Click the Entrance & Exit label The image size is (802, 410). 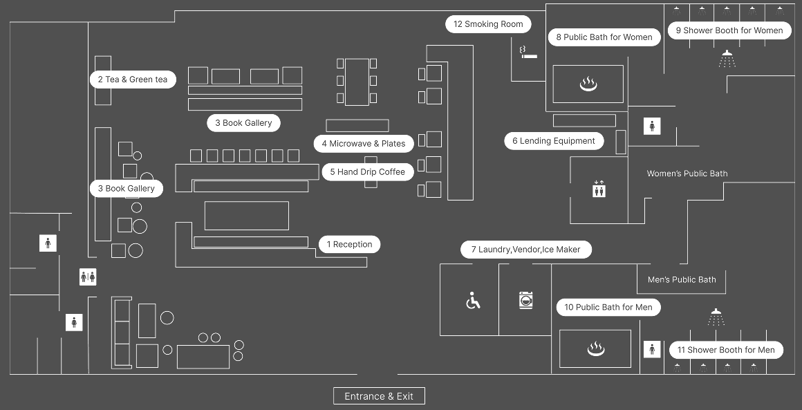click(379, 396)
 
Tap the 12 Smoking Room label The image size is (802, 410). click(488, 24)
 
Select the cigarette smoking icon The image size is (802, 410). click(528, 52)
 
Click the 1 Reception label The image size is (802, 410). click(349, 244)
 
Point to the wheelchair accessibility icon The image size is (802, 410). click(473, 301)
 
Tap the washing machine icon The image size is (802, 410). click(527, 300)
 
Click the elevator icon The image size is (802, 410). click(599, 189)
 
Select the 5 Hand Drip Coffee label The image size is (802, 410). click(367, 171)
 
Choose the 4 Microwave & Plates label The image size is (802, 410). click(363, 144)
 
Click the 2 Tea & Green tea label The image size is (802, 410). click(133, 80)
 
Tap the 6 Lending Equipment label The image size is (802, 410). click(553, 141)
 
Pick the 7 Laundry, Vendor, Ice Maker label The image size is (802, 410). click(526, 250)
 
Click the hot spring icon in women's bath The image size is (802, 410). click(588, 84)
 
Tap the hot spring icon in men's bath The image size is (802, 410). click(595, 349)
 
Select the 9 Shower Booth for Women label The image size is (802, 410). click(729, 30)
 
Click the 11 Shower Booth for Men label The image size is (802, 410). click(726, 350)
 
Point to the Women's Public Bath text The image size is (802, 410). click(687, 174)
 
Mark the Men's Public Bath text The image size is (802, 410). click(682, 280)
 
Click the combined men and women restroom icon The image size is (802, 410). click(88, 277)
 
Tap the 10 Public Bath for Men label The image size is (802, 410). click(608, 307)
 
